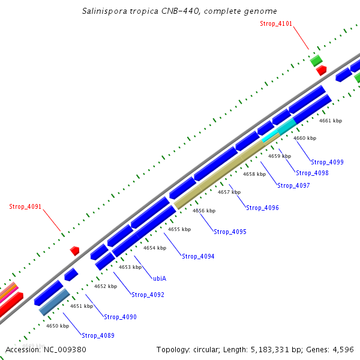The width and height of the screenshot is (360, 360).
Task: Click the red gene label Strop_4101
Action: click(x=276, y=23)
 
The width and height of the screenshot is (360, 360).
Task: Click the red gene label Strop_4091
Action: click(x=25, y=206)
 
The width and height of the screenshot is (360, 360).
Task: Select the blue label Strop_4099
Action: click(x=328, y=162)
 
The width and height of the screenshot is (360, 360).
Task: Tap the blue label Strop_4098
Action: click(x=312, y=173)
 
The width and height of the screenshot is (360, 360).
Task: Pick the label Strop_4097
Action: click(x=293, y=185)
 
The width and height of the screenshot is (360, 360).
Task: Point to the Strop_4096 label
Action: click(x=262, y=208)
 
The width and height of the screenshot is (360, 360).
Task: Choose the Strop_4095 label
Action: click(x=230, y=232)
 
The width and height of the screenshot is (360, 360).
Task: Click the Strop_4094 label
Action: click(x=198, y=256)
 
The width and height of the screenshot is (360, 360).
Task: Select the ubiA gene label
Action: click(x=159, y=278)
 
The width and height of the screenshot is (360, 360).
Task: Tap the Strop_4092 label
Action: click(x=148, y=295)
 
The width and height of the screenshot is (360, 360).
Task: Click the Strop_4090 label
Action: click(x=120, y=317)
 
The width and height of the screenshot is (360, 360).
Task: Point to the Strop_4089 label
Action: click(x=98, y=335)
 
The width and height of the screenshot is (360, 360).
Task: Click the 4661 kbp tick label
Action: click(x=330, y=121)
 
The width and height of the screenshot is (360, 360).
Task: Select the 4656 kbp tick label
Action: click(x=204, y=211)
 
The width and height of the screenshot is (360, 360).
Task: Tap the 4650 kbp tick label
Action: click(x=58, y=326)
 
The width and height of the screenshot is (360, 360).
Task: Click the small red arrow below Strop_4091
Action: click(x=75, y=250)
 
